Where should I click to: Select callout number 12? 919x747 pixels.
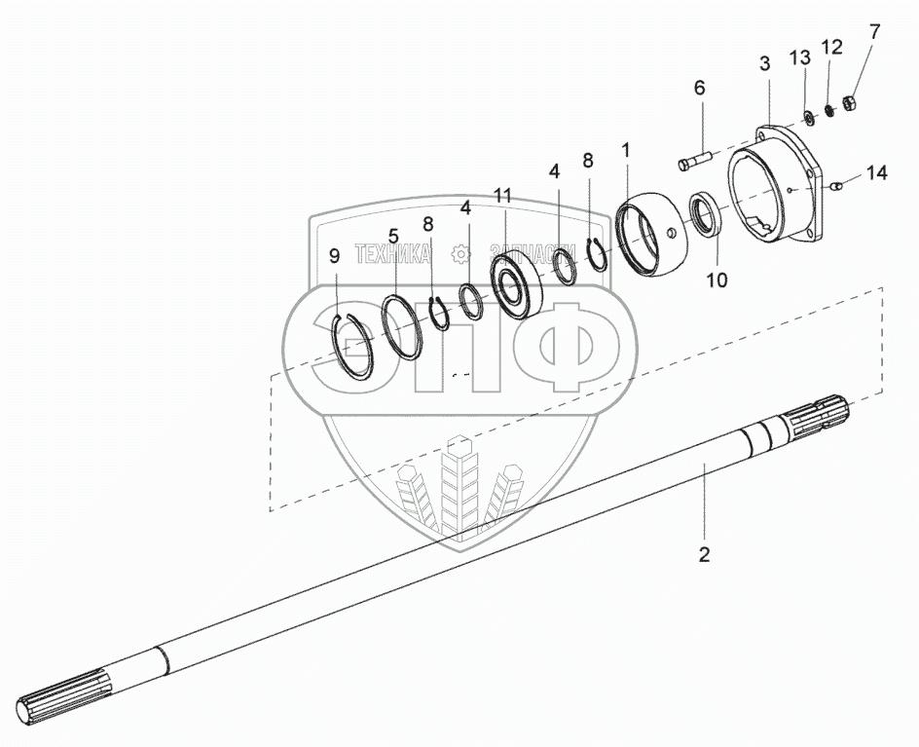[831, 47]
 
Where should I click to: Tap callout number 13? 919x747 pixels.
[799, 60]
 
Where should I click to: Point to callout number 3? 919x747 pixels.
[765, 63]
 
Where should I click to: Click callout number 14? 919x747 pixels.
[876, 173]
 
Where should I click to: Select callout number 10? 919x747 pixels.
[717, 280]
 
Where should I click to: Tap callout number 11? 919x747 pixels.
[501, 196]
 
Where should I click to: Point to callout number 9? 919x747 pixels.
[335, 257]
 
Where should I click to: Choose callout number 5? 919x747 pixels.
[393, 236]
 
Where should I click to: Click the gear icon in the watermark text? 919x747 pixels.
[460, 255]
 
